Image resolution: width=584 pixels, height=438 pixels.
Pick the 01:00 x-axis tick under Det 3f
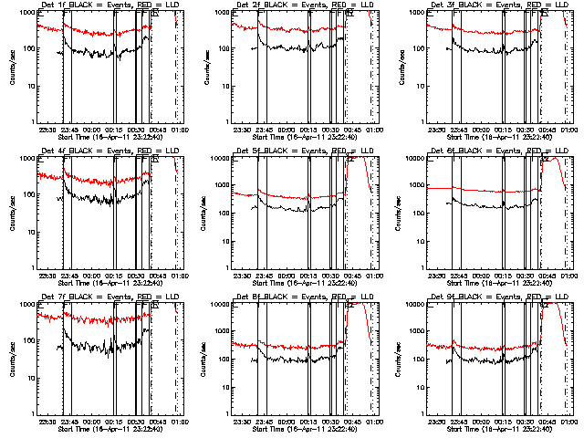coord(568,129)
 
